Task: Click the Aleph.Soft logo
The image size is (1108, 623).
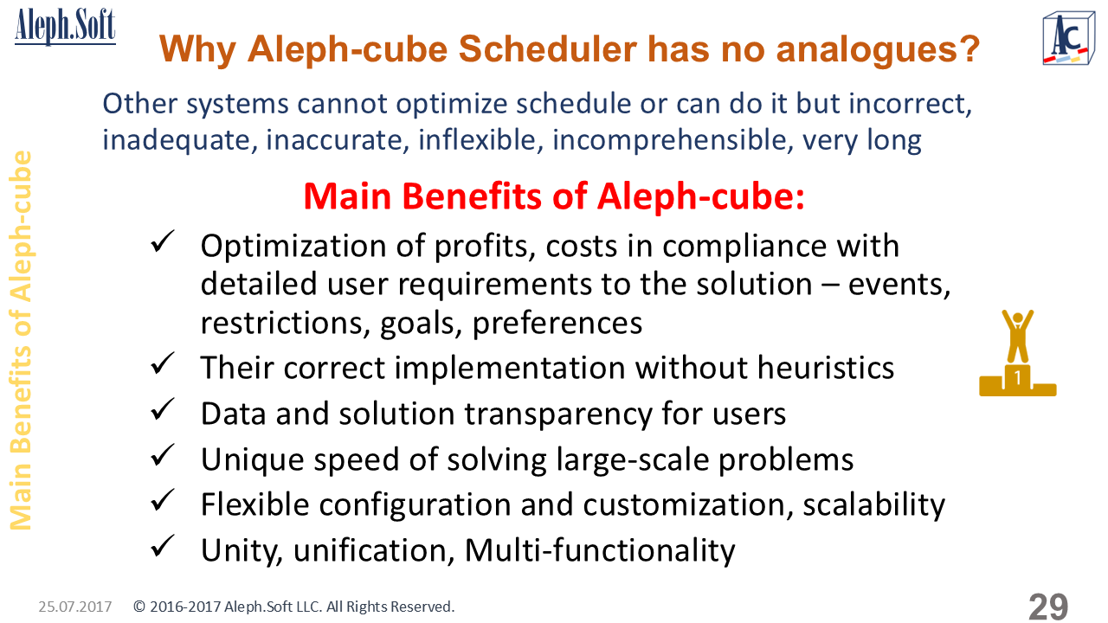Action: coord(65,26)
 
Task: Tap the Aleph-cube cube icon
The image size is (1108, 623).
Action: coord(1068,38)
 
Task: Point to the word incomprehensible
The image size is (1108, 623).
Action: coord(670,140)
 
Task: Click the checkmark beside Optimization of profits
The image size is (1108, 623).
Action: coord(162,241)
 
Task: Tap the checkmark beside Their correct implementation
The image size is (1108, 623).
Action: coord(162,363)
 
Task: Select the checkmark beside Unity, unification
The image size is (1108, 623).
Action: coord(162,546)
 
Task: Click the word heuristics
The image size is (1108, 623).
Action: coord(826,368)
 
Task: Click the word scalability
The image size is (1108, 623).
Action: coord(873,505)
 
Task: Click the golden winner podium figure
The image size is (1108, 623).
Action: coord(1017,353)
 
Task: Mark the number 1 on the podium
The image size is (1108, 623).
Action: coord(1017,378)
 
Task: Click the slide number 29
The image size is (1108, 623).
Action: coord(1048,607)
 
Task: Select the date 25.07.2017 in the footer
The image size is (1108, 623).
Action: coord(75,607)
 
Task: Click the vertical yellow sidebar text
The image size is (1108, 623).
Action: coord(22,340)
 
